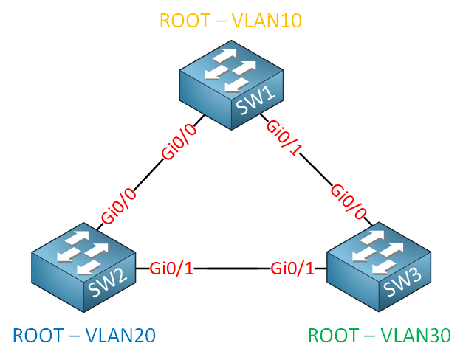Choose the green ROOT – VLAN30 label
coord(379,336)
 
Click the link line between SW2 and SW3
coord(232,269)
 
